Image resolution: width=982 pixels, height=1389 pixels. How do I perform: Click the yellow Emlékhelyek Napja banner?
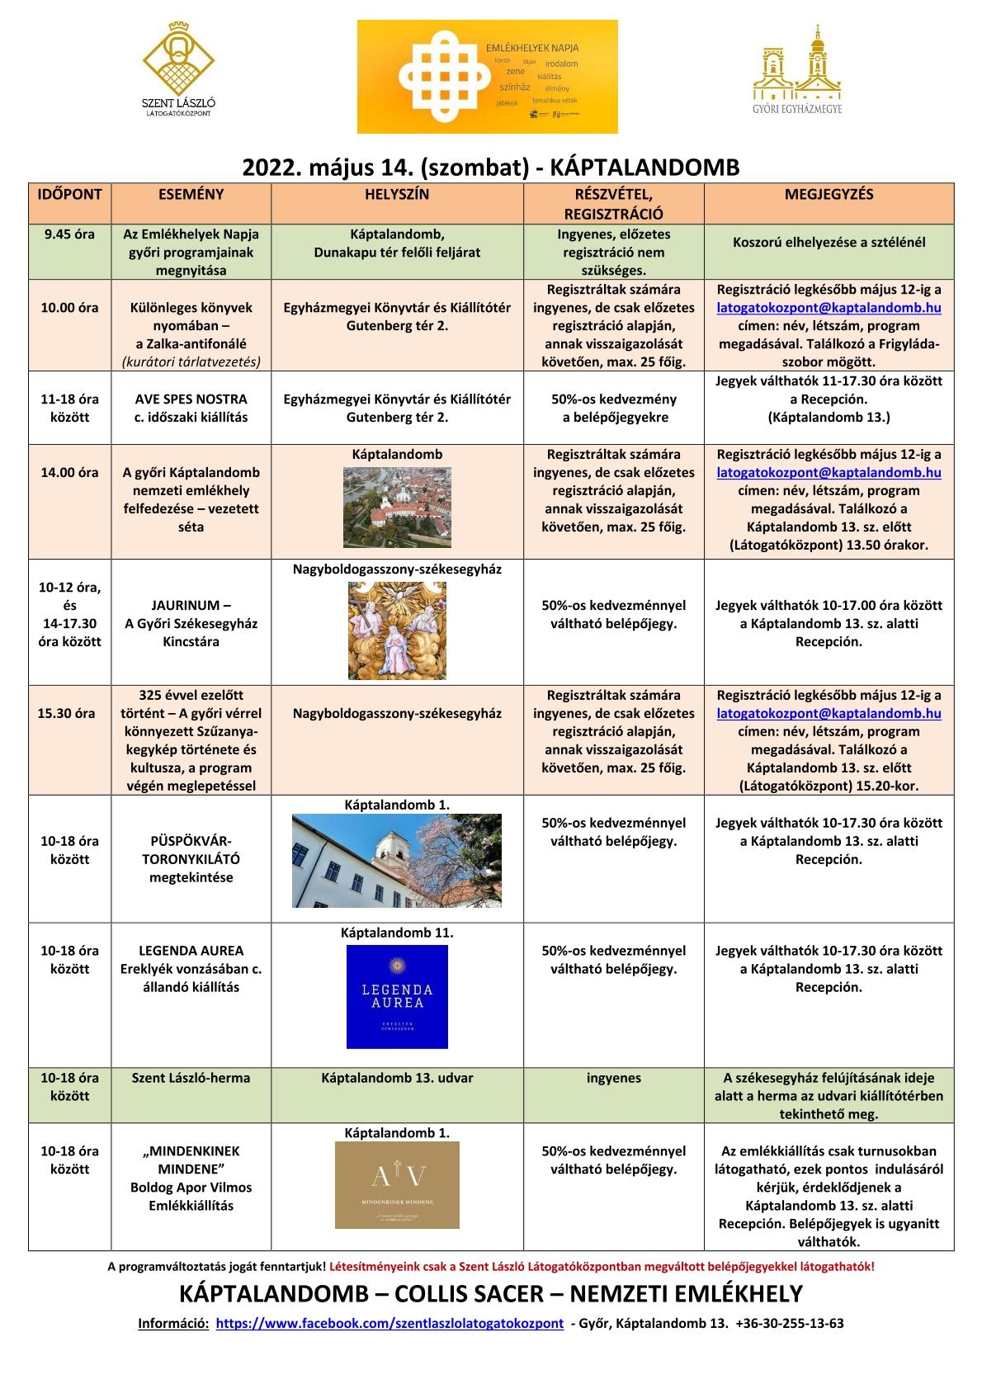click(487, 77)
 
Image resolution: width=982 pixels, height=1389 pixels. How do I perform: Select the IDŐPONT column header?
click(70, 195)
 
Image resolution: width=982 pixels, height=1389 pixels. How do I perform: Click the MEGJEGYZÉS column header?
click(829, 195)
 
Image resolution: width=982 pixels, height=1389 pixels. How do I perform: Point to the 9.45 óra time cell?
click(70, 234)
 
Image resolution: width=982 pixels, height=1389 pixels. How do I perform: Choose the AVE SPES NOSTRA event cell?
click(191, 408)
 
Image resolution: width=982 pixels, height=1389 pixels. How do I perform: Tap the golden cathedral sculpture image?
click(397, 631)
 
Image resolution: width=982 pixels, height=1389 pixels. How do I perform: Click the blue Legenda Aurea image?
click(397, 997)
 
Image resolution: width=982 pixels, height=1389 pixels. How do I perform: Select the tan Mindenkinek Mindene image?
click(397, 1185)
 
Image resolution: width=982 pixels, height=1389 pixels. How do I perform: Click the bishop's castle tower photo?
click(397, 860)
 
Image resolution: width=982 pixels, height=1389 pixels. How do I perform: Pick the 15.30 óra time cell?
click(70, 713)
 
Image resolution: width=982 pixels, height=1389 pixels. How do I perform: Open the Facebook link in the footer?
click(389, 1323)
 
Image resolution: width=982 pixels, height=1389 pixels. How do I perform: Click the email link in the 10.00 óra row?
click(829, 308)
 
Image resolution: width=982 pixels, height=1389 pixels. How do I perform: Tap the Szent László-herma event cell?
click(191, 1078)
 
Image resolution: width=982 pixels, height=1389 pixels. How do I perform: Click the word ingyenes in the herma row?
click(613, 1078)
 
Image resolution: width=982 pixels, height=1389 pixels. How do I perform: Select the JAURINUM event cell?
click(191, 623)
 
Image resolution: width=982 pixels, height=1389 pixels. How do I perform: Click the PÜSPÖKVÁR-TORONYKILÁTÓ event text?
click(191, 859)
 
